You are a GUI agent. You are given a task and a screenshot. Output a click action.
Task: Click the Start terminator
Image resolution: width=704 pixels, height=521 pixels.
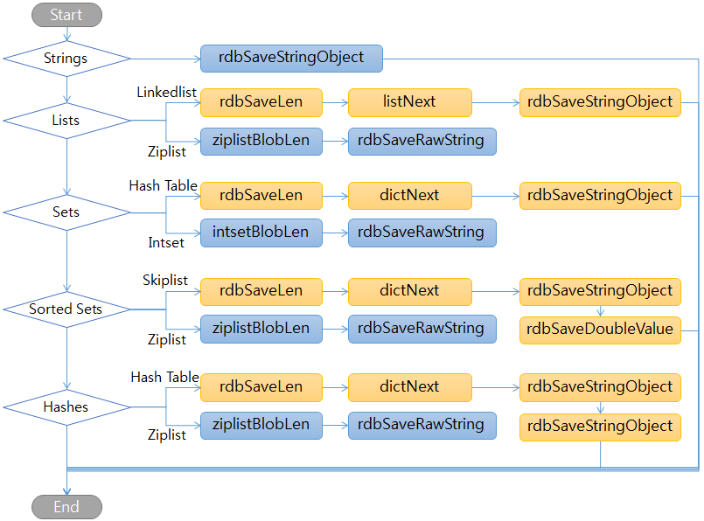pos(66,15)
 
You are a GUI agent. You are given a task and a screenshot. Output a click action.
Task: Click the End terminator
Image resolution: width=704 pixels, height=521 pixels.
pos(66,507)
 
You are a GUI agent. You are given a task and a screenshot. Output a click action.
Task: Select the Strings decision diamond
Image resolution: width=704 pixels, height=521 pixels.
pos(66,59)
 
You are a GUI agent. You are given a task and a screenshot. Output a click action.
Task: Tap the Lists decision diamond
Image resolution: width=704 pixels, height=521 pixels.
pos(66,121)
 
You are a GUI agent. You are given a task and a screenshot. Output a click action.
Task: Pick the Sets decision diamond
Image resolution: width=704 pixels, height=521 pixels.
pos(66,212)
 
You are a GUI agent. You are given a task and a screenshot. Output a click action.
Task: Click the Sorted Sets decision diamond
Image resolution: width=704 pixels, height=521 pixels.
pos(66,309)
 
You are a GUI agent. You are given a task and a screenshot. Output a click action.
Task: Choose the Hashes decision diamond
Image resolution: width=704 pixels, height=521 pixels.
pos(66,406)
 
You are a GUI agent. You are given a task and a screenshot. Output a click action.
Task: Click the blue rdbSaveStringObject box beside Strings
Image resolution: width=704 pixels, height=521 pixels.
pos(291,58)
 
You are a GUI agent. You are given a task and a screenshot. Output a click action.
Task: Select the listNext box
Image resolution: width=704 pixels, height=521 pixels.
pos(409,102)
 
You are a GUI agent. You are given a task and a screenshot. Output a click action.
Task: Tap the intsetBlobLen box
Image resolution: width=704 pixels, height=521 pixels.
pos(261,233)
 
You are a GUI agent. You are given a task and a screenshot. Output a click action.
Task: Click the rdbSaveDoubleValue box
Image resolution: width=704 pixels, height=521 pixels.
pos(600,330)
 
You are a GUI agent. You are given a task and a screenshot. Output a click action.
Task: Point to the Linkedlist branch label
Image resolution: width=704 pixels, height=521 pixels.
pos(166,92)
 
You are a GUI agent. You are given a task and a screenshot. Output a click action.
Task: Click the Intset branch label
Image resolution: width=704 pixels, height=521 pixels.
pos(165,242)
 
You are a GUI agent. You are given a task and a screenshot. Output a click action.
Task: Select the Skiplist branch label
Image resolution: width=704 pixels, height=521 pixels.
pos(165,281)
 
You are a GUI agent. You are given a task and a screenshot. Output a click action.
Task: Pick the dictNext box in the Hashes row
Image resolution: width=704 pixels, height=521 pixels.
pos(409,387)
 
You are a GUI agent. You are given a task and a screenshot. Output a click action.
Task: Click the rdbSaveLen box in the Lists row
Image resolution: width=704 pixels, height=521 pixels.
pos(261,102)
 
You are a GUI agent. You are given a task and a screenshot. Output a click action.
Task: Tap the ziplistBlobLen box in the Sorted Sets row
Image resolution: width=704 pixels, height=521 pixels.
pos(261,329)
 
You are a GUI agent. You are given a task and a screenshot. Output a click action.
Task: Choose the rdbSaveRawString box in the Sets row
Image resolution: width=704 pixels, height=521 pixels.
pos(422,233)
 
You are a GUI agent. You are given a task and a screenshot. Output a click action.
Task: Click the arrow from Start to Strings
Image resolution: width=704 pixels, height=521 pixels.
pos(66,34)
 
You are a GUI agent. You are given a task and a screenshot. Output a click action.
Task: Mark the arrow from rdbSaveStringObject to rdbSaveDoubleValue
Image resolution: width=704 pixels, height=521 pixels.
pos(600,310)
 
